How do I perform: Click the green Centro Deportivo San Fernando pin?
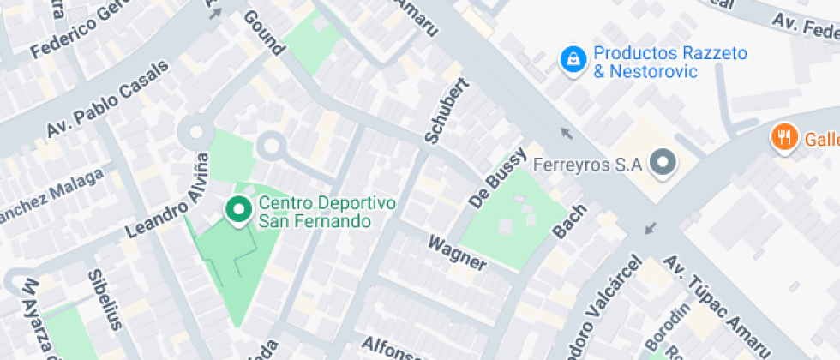(x=237, y=208)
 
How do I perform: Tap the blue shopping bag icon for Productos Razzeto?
(x=570, y=58)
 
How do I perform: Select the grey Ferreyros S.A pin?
(x=663, y=163)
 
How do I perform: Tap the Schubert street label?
(x=447, y=110)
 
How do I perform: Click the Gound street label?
(x=263, y=33)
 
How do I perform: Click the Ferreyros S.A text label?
(x=587, y=164)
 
